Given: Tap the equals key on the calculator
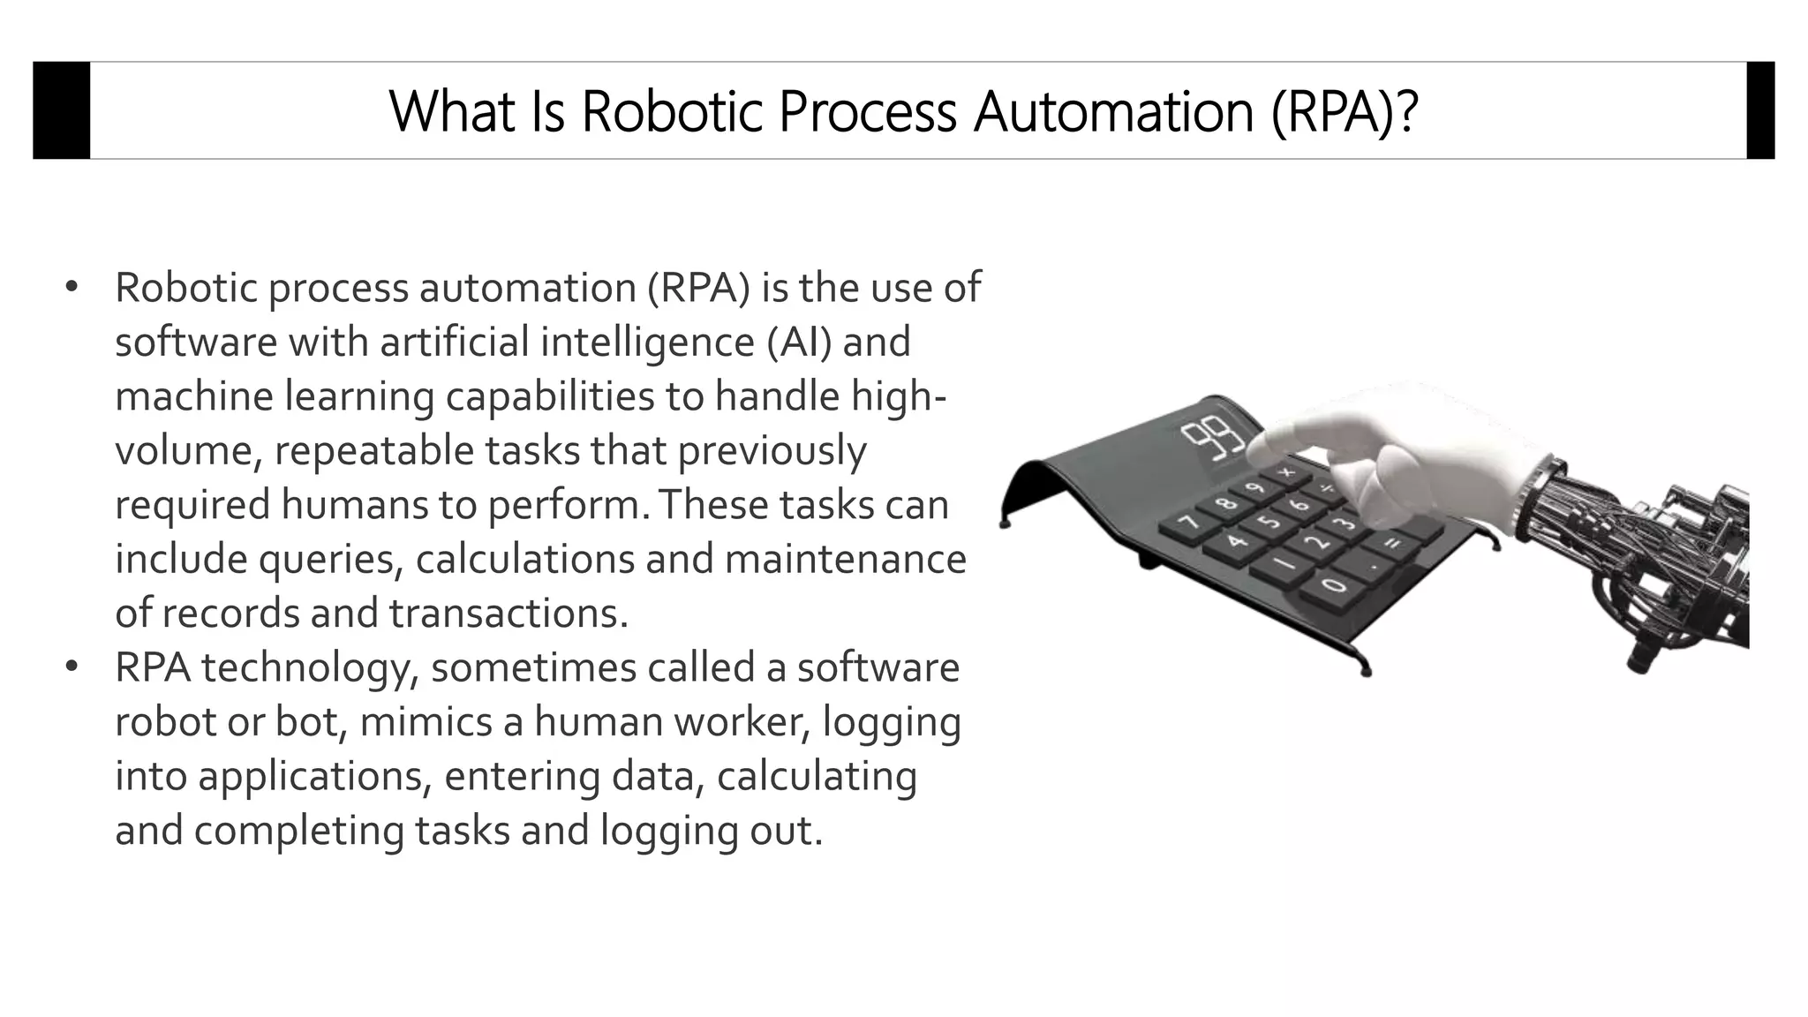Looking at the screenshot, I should coord(1391,543).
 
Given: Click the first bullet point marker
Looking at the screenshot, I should coord(72,288).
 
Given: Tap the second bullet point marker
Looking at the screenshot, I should coord(72,667).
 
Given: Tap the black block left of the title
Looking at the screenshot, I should coord(61,110).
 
